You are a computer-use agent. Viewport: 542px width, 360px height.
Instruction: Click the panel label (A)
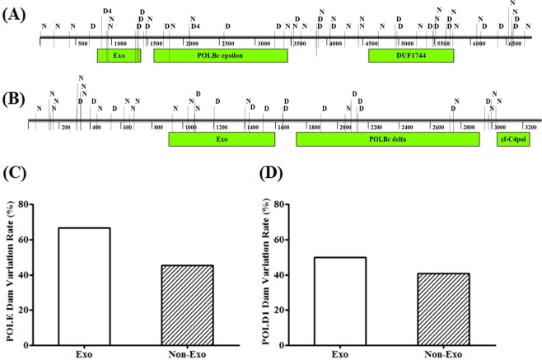[x=17, y=15]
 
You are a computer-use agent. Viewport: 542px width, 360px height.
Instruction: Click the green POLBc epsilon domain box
[x=220, y=55]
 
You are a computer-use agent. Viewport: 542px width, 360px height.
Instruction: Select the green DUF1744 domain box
[x=410, y=55]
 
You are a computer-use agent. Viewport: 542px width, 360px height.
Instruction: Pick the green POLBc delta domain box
[x=387, y=140]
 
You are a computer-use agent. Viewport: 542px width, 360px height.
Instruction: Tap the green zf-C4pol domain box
[x=512, y=140]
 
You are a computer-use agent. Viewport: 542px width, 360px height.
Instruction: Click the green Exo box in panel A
[x=119, y=55]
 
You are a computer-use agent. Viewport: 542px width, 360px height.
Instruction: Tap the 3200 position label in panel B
[x=531, y=128]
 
